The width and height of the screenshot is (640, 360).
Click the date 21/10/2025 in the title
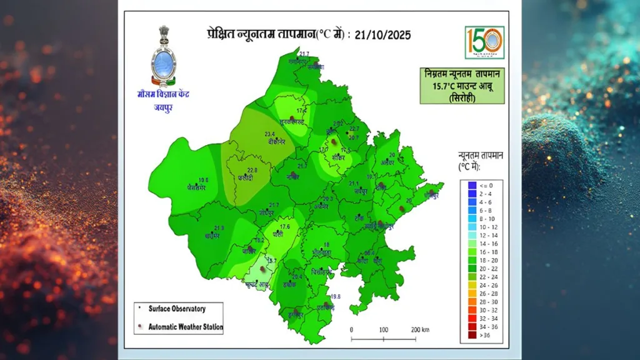pos(382,35)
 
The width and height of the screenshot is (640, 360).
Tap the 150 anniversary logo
pos(484,42)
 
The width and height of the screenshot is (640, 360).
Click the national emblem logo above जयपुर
pos(164,57)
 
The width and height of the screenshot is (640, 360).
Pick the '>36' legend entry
pos(485,336)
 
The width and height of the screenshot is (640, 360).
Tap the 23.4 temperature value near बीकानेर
pos(270,134)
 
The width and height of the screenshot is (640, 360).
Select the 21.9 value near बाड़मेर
pos(219,227)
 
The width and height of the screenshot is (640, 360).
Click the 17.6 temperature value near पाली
pos(285,226)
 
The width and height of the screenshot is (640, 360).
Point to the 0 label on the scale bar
pos(351,330)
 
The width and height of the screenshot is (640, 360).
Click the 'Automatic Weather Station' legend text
pos(186,327)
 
